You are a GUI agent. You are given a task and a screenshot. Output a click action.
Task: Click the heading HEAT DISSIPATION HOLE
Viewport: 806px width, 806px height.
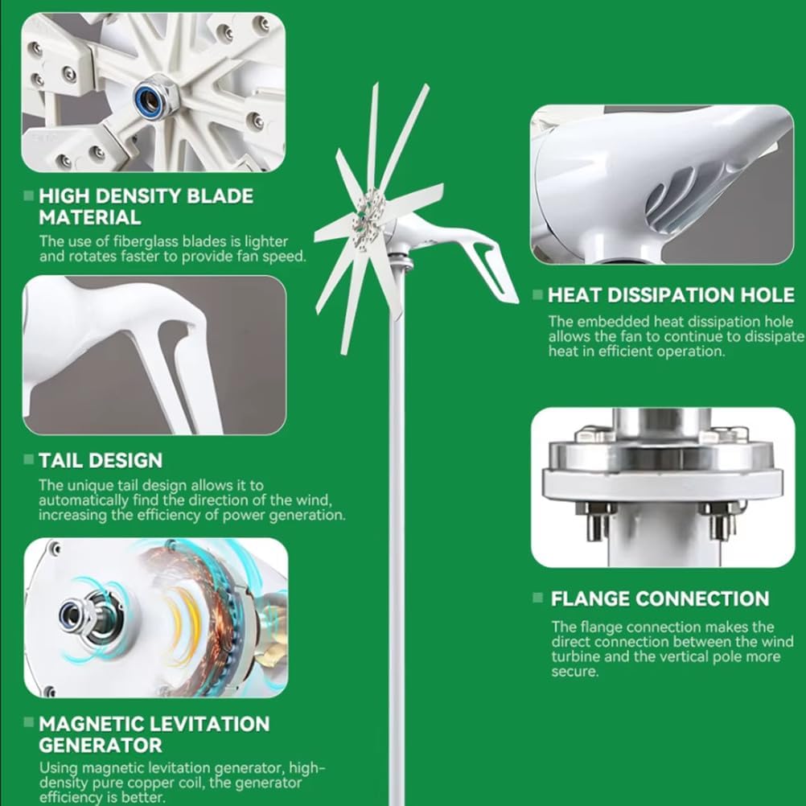click(x=671, y=294)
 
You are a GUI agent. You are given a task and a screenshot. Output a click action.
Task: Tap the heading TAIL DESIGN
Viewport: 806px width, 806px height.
click(x=101, y=460)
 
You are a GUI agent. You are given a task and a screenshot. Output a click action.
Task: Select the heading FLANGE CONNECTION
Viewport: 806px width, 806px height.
click(x=660, y=598)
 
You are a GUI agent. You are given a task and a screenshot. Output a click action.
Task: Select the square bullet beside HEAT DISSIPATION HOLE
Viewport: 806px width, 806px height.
click(x=537, y=295)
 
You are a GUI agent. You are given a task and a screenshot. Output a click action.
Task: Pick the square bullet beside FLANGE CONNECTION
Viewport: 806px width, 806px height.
click(x=538, y=598)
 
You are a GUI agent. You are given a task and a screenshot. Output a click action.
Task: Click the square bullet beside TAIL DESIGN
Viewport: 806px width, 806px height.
click(x=29, y=461)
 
